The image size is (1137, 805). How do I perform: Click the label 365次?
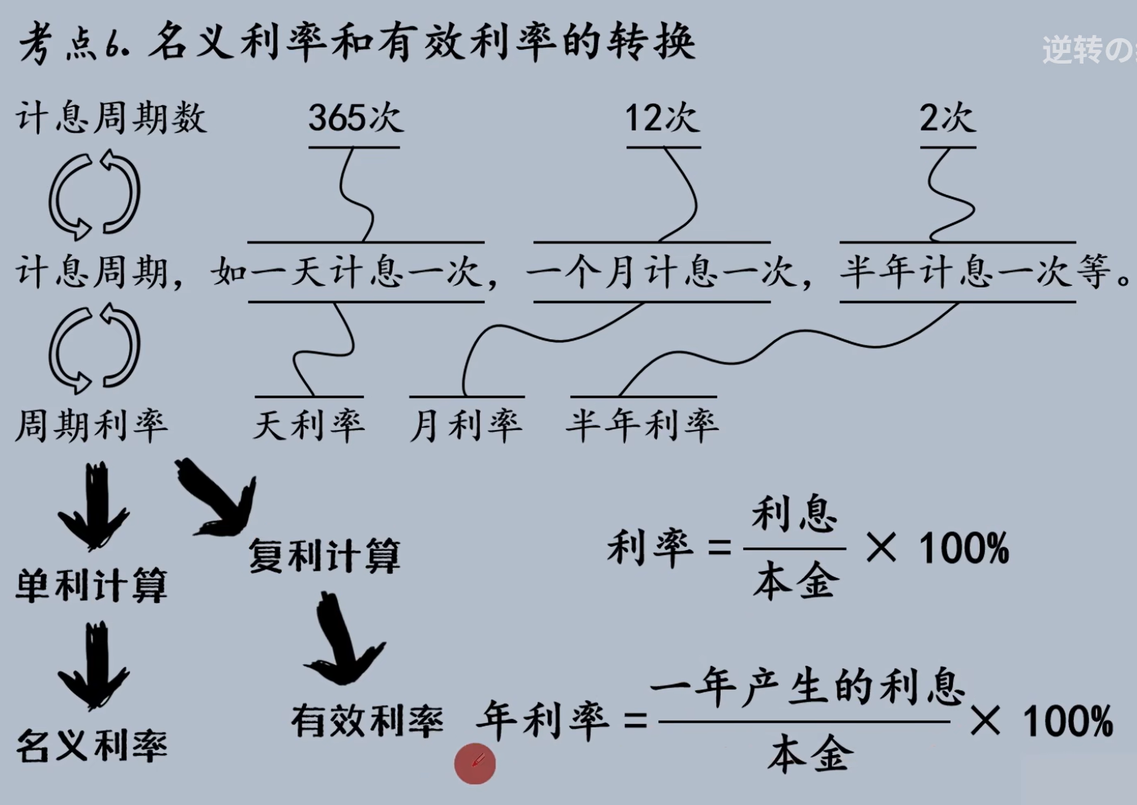click(x=355, y=118)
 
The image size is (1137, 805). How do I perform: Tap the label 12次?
click(x=662, y=118)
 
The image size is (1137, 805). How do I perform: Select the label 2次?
click(x=947, y=118)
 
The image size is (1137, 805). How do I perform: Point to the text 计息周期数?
click(x=111, y=118)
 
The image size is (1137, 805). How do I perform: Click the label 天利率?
click(x=309, y=426)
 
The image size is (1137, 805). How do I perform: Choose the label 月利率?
click(x=466, y=426)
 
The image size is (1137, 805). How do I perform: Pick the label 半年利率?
click(x=642, y=426)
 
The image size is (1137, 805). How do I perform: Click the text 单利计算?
click(x=92, y=585)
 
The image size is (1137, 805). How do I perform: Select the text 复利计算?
click(x=324, y=556)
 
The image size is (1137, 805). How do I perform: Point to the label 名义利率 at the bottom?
click(x=92, y=746)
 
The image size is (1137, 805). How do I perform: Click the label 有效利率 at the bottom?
click(x=367, y=721)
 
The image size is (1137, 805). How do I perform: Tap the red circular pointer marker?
click(x=475, y=763)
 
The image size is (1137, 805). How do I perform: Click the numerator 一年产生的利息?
click(x=807, y=689)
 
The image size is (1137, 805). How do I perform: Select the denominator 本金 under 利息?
click(x=795, y=582)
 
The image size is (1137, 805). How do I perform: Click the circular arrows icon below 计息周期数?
click(x=94, y=195)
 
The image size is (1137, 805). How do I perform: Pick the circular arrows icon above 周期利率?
click(x=94, y=348)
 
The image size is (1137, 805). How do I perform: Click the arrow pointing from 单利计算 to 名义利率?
click(x=93, y=666)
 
